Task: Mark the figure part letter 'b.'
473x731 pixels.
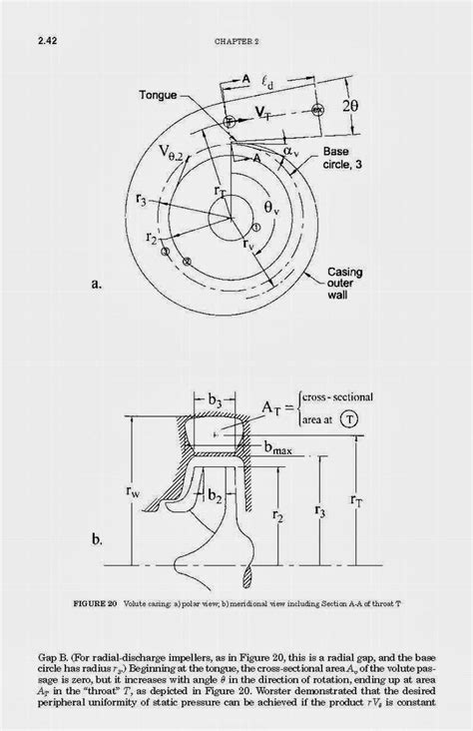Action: [x=103, y=540]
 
